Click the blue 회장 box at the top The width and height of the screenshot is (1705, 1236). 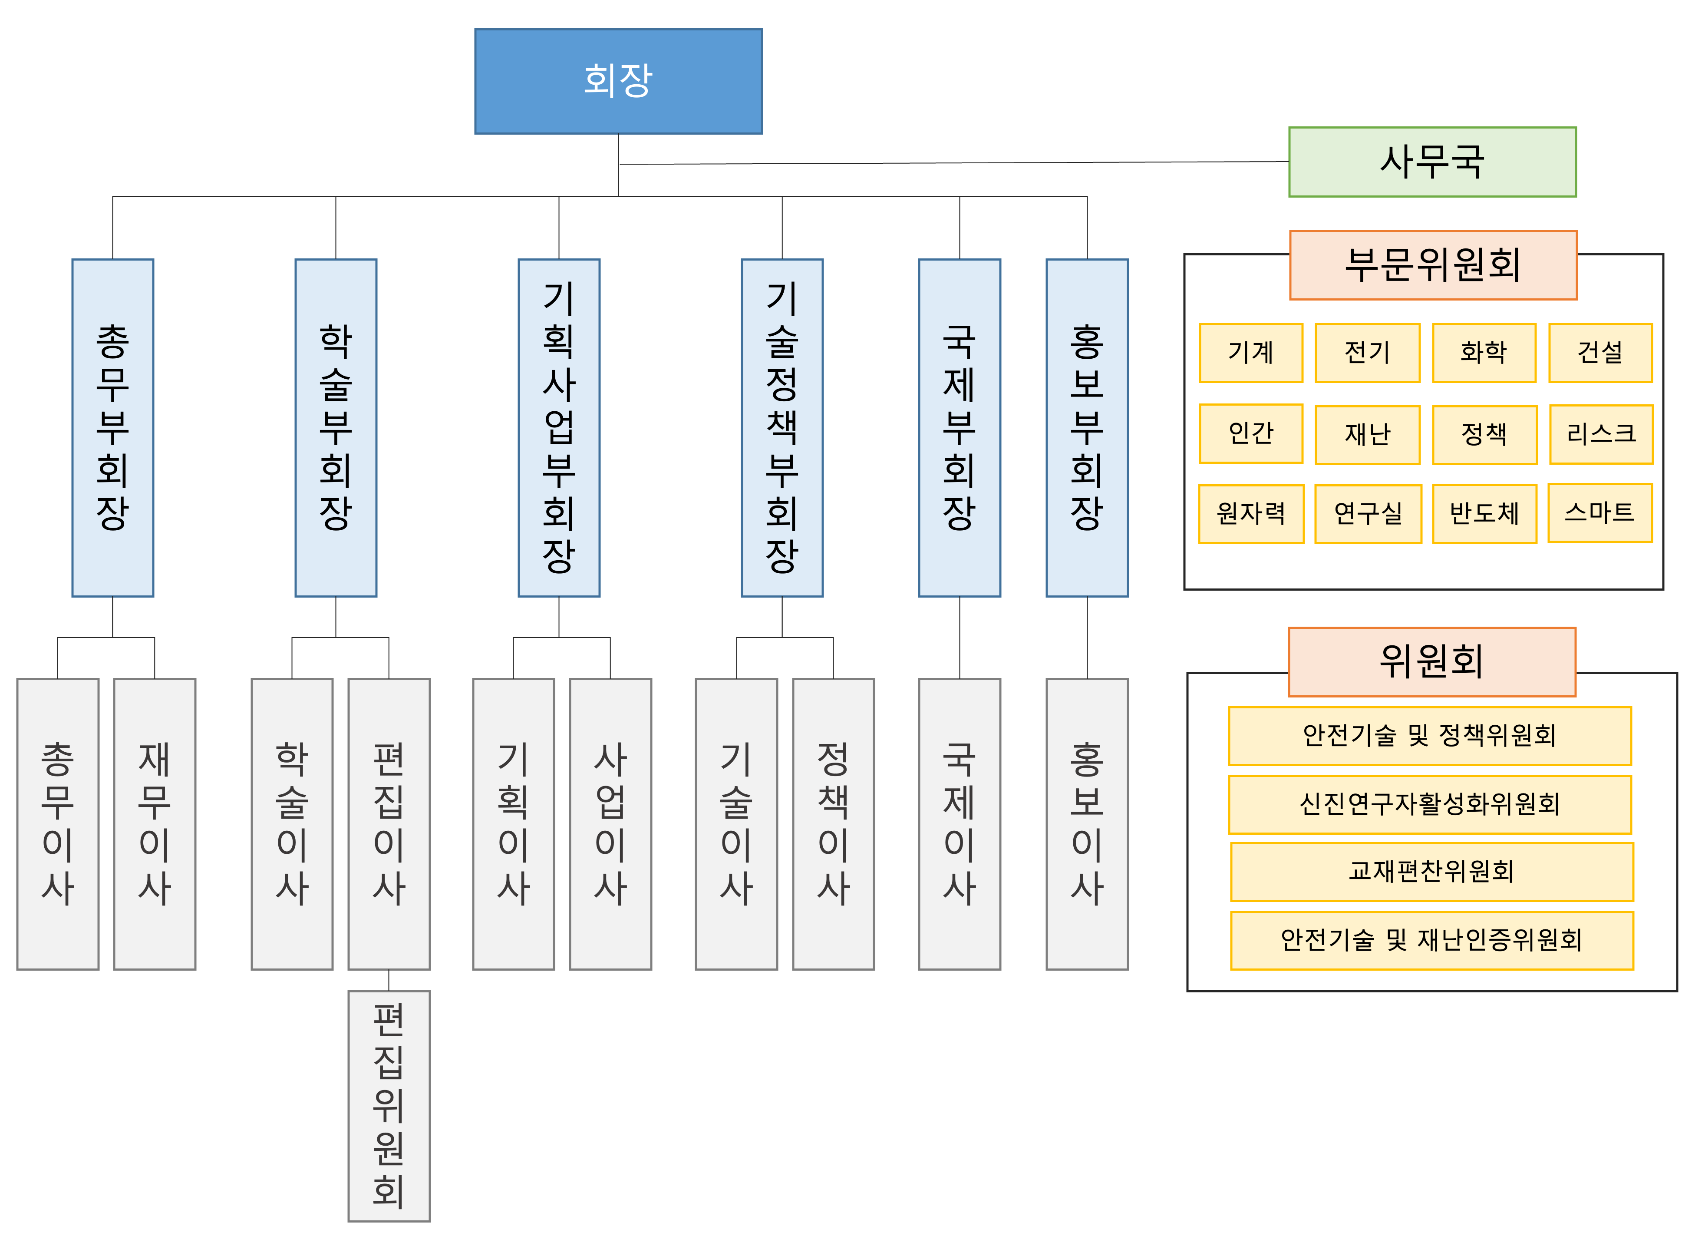[x=618, y=81]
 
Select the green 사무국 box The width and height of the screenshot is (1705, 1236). [x=1432, y=162]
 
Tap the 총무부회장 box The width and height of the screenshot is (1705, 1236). [x=113, y=428]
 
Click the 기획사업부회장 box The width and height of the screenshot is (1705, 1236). [x=558, y=428]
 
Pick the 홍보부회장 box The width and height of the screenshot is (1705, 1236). [x=1087, y=428]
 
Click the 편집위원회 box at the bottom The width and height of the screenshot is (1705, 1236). [x=389, y=1105]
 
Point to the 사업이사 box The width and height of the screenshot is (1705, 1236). [x=610, y=824]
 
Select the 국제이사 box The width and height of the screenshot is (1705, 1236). [x=959, y=824]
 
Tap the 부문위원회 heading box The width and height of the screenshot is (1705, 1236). [x=1433, y=264]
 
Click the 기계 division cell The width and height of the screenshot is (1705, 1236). [x=1251, y=353]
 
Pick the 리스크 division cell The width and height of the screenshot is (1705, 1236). [x=1601, y=434]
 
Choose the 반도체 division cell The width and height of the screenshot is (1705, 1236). [x=1484, y=513]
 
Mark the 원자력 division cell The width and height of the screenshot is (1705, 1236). [x=1251, y=513]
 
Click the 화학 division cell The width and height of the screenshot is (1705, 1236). [x=1484, y=353]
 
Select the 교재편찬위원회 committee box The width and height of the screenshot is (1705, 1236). [x=1431, y=871]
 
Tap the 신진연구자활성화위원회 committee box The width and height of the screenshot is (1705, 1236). [x=1430, y=804]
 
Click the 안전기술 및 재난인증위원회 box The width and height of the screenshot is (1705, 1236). [x=1431, y=940]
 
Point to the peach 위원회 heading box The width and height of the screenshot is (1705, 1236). [x=1431, y=661]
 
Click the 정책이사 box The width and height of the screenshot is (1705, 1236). [x=833, y=824]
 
